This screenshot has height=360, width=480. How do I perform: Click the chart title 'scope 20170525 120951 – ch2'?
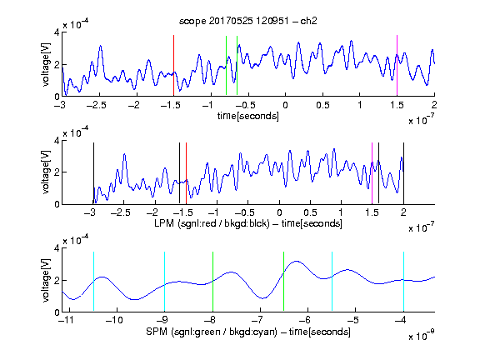(248, 21)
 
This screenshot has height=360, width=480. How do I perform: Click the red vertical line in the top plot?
(173, 66)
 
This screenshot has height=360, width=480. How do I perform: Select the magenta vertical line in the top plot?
(397, 66)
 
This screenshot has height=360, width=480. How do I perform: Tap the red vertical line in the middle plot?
(186, 173)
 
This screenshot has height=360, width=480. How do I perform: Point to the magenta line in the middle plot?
(372, 173)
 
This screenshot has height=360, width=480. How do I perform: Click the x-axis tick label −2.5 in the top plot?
(96, 105)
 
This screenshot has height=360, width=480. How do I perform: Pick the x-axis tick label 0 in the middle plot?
(279, 212)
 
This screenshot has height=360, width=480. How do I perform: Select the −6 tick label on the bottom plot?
(305, 320)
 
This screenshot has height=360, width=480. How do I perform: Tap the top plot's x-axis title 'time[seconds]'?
(248, 116)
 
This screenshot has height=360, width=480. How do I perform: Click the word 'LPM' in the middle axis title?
(164, 223)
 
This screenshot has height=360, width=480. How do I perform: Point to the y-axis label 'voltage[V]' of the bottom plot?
(46, 280)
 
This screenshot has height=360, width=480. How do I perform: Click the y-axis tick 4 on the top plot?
(57, 32)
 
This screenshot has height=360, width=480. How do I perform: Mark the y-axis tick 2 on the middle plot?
(57, 172)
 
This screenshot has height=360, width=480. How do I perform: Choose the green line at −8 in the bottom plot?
(212, 282)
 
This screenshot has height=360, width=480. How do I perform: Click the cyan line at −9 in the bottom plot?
(164, 282)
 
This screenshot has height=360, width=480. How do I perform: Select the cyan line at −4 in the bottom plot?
(403, 282)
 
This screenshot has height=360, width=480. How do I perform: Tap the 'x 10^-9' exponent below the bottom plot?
(422, 335)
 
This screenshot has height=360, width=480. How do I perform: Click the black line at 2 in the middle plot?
(403, 173)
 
